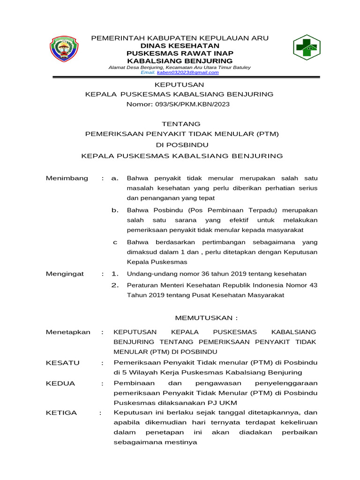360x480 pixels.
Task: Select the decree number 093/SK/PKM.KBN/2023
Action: [178, 104]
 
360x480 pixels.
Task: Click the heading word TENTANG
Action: [181, 124]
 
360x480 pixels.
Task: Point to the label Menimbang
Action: [67, 179]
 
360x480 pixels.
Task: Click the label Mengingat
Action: [65, 274]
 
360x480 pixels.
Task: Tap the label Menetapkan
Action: [68, 332]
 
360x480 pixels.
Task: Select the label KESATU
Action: [63, 363]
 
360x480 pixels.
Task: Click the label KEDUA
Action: [60, 383]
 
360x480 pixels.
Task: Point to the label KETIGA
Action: [61, 413]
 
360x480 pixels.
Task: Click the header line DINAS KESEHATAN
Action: [180, 46]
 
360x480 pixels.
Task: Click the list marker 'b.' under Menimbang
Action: [115, 210]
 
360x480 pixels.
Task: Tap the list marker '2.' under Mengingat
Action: [115, 285]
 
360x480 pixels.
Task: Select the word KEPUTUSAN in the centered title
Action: [180, 85]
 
